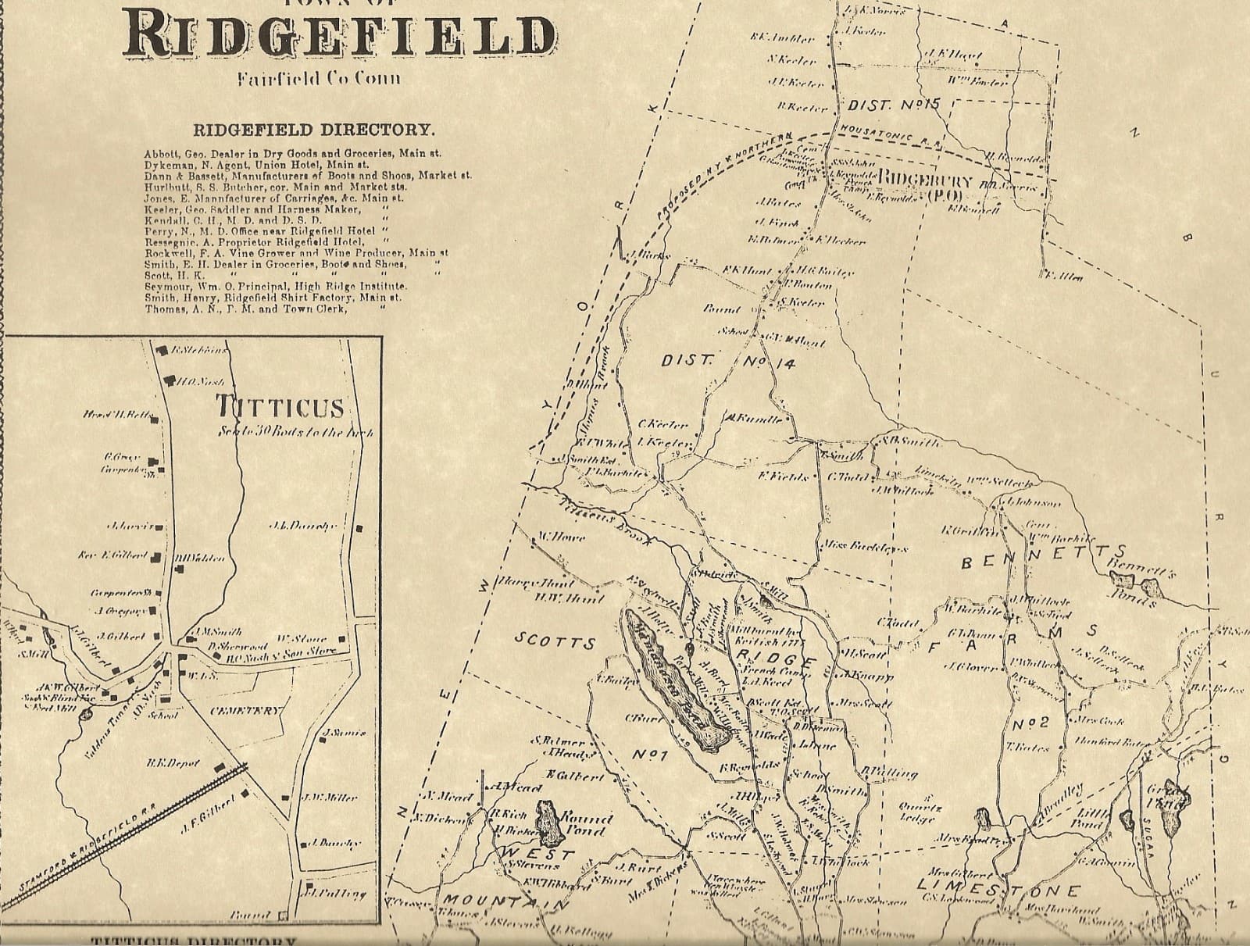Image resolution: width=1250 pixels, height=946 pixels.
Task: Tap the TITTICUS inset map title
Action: [x=280, y=406]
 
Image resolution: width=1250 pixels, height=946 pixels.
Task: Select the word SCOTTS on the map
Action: [x=555, y=642]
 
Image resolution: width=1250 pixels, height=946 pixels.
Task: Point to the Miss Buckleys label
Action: [x=865, y=547]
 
